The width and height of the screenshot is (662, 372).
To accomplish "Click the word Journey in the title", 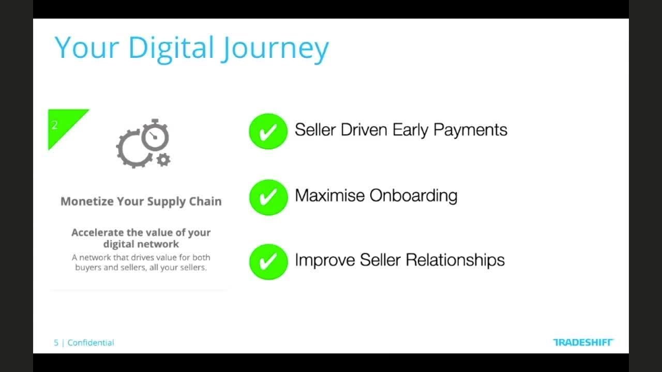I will click(x=275, y=48).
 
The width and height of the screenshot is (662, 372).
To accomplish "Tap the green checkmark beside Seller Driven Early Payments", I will click(x=268, y=131).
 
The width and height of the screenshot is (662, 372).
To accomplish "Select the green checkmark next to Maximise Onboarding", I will click(x=268, y=197).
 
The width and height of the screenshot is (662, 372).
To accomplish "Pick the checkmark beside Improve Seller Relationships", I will click(x=268, y=261).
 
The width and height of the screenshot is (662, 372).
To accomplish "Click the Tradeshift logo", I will click(x=583, y=342).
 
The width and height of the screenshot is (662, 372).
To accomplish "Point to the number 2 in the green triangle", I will click(x=55, y=125).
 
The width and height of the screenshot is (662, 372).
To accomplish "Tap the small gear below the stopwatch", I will click(x=163, y=160).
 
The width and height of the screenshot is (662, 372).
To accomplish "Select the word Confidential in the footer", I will click(x=91, y=343).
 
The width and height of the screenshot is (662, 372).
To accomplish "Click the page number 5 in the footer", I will click(x=56, y=343).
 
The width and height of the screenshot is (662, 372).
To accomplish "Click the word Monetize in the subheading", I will click(x=86, y=202).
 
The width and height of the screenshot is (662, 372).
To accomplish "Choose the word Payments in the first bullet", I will click(x=470, y=130).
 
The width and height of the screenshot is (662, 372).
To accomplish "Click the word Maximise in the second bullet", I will click(x=329, y=196).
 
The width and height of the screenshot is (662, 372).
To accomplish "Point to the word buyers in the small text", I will click(x=88, y=268).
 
